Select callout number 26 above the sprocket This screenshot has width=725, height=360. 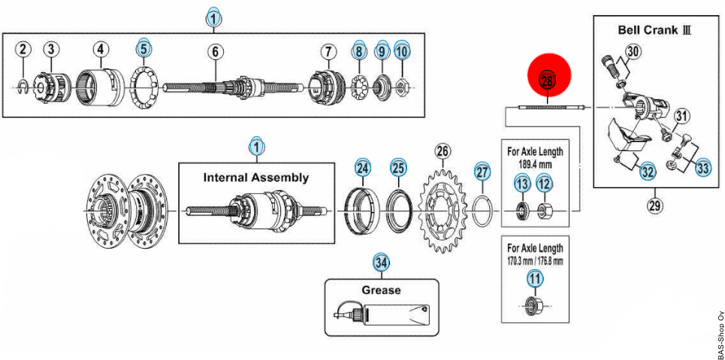pyautogui.click(x=443, y=152)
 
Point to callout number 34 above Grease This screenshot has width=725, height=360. pyautogui.click(x=382, y=263)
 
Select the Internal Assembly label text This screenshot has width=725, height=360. pyautogui.click(x=255, y=178)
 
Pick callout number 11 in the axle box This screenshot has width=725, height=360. pyautogui.click(x=535, y=280)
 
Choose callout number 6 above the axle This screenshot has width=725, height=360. pyautogui.click(x=215, y=52)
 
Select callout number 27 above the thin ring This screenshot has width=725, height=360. pyautogui.click(x=482, y=172)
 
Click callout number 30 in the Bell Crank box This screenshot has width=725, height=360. pyautogui.click(x=633, y=51)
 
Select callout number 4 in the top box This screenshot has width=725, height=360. pyautogui.click(x=100, y=50)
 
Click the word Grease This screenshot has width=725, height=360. pyautogui.click(x=381, y=290)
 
